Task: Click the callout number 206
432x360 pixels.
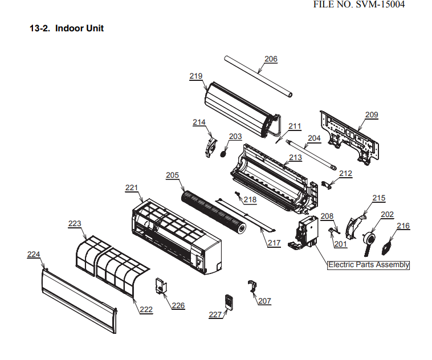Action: [x=271, y=59]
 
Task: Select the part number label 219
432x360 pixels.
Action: [x=196, y=76]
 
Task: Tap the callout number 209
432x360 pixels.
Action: [x=371, y=114]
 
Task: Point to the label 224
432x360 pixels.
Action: [x=34, y=255]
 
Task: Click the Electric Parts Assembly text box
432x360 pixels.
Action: [x=369, y=265]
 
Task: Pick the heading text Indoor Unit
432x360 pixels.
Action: [x=79, y=28]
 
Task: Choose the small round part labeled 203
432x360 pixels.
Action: [x=223, y=152]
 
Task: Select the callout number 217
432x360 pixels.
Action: [x=275, y=243]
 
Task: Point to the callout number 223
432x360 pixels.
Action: [x=75, y=224]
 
